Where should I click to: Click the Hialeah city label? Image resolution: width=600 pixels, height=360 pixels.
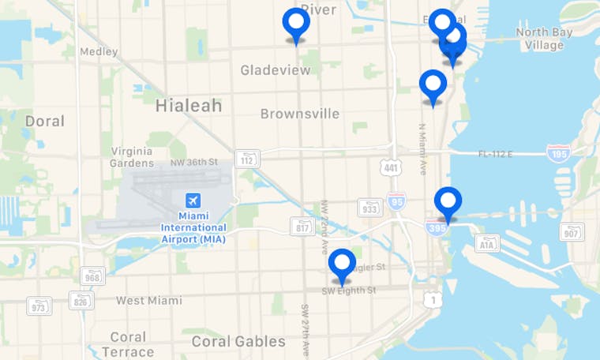click(x=189, y=105)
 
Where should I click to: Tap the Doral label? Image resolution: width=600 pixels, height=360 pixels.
click(x=44, y=122)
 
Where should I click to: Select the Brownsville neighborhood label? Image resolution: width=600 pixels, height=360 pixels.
click(x=300, y=114)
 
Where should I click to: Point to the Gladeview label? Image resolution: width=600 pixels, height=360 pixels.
click(x=276, y=70)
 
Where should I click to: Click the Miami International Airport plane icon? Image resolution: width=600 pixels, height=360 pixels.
click(x=193, y=200)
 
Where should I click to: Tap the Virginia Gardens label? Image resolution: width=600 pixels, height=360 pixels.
click(x=131, y=156)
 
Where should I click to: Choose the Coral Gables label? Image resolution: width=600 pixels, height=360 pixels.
click(x=238, y=341)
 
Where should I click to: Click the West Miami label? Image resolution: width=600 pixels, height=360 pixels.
click(x=148, y=300)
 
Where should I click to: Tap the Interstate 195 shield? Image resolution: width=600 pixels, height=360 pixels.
click(x=558, y=152)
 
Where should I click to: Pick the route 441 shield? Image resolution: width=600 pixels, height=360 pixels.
click(x=390, y=167)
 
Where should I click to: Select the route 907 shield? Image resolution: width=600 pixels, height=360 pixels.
click(x=572, y=231)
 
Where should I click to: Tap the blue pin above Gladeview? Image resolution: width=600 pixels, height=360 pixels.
click(x=296, y=24)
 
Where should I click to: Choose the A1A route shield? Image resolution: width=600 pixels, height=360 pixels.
click(x=488, y=244)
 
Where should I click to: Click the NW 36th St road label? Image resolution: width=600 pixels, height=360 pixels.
click(x=193, y=163)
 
